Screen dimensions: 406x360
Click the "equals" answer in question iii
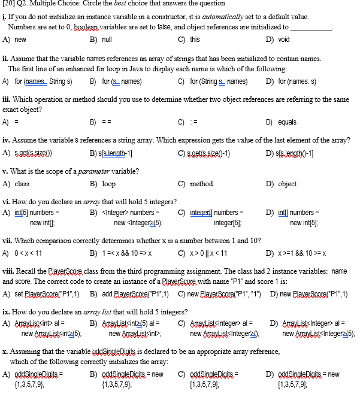point(287,122)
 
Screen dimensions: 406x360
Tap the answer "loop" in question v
point(108,184)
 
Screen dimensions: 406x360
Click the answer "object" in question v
point(287,184)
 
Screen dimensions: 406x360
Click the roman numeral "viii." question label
point(9,271)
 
